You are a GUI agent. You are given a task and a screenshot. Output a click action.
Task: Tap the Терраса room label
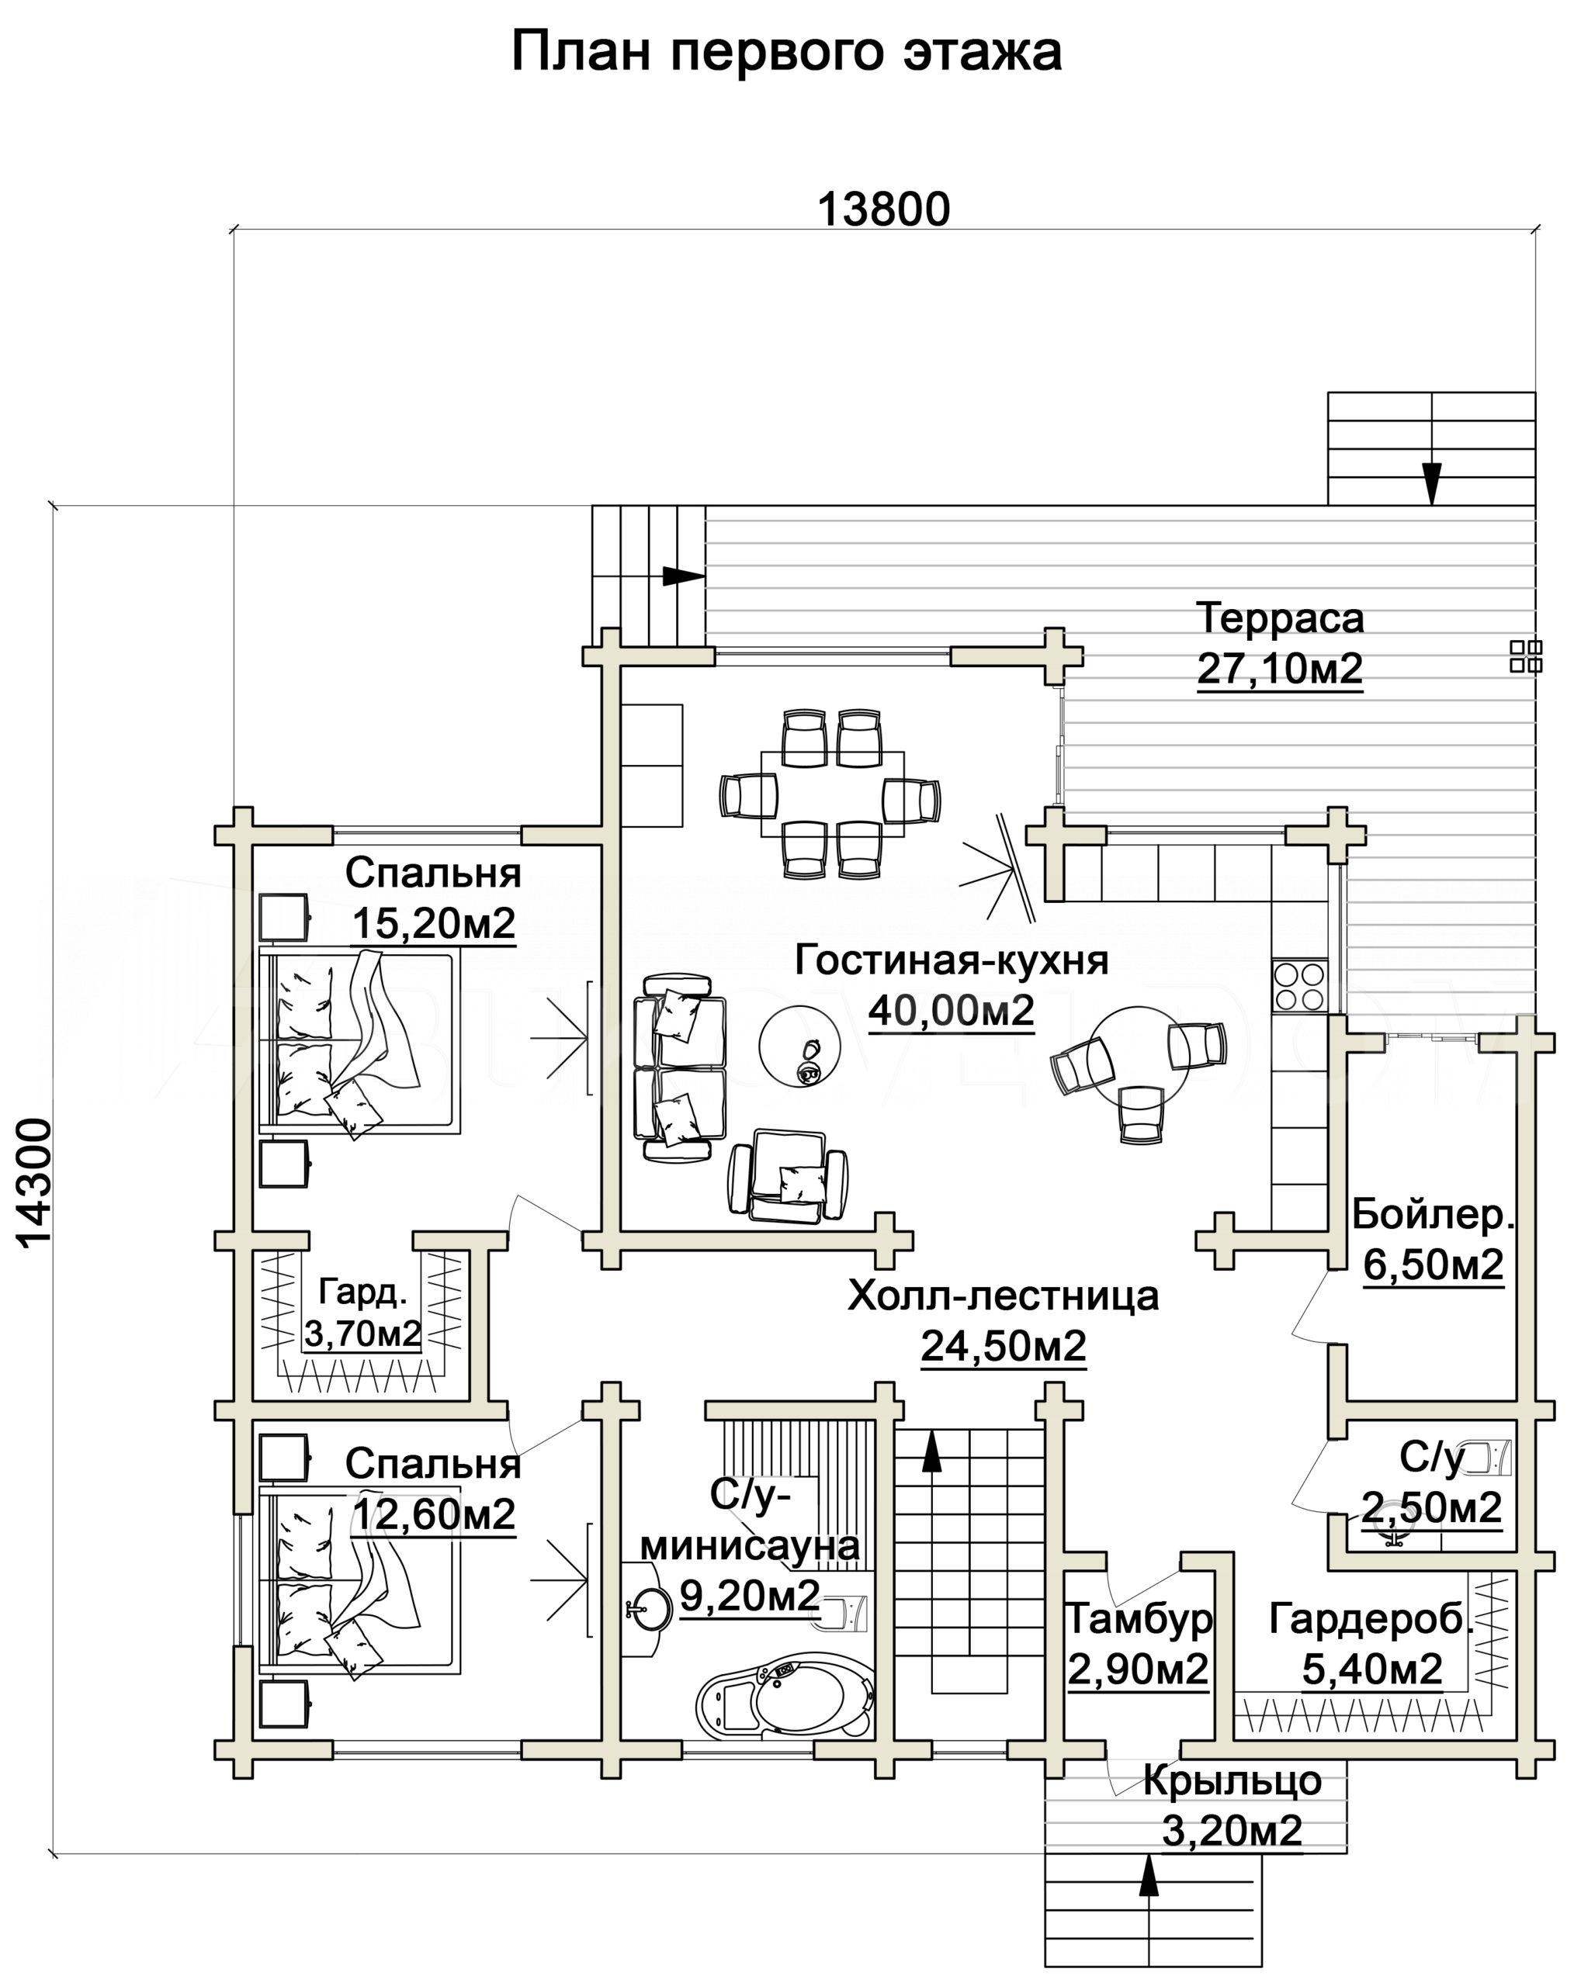[1280, 618]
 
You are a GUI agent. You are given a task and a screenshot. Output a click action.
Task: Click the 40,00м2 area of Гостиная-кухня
[951, 1012]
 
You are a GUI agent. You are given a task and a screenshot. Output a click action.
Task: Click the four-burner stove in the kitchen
[1299, 984]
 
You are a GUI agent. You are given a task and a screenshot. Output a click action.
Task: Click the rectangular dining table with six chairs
[831, 793]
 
